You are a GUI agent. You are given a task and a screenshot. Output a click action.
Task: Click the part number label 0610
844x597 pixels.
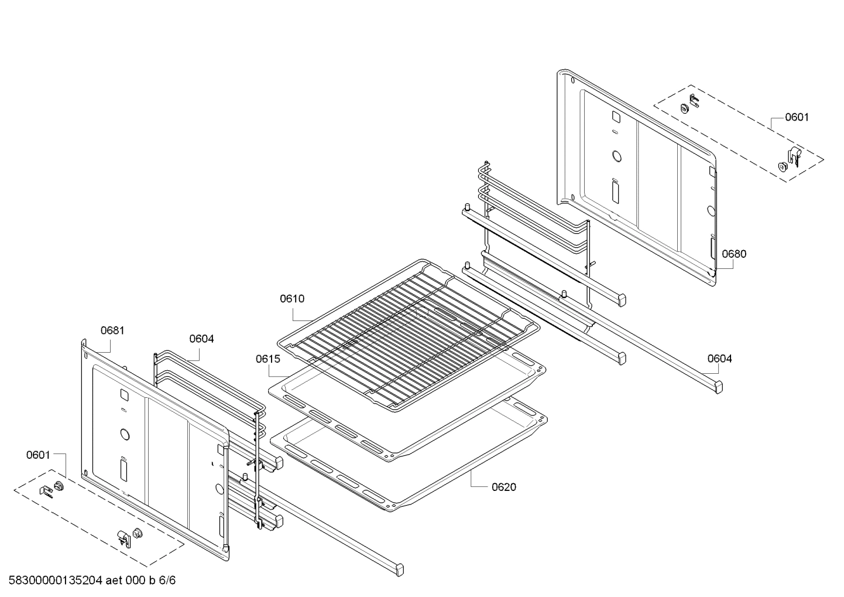(x=291, y=299)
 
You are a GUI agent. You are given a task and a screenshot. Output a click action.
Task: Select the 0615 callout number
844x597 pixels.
(x=267, y=359)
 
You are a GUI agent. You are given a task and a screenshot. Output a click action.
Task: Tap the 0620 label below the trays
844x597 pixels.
(x=504, y=487)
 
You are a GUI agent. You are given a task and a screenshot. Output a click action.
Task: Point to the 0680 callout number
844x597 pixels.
(x=734, y=254)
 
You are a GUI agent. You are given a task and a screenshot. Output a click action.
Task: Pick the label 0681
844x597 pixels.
(x=112, y=330)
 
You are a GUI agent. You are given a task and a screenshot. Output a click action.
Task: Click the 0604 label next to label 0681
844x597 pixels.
(x=201, y=339)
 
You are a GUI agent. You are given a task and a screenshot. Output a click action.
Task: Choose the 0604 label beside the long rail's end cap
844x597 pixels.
(x=719, y=359)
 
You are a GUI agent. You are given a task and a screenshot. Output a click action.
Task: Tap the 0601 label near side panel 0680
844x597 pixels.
(x=797, y=117)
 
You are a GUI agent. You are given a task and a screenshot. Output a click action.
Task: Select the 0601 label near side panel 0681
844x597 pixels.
(x=38, y=455)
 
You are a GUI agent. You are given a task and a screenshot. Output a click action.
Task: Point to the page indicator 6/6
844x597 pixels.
(x=167, y=581)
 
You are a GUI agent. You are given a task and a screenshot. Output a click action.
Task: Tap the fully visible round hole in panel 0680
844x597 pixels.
(x=616, y=156)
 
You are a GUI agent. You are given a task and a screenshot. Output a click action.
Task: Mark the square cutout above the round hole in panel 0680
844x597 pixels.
(x=615, y=117)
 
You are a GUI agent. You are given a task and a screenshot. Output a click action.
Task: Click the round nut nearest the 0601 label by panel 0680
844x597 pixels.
(x=783, y=166)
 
